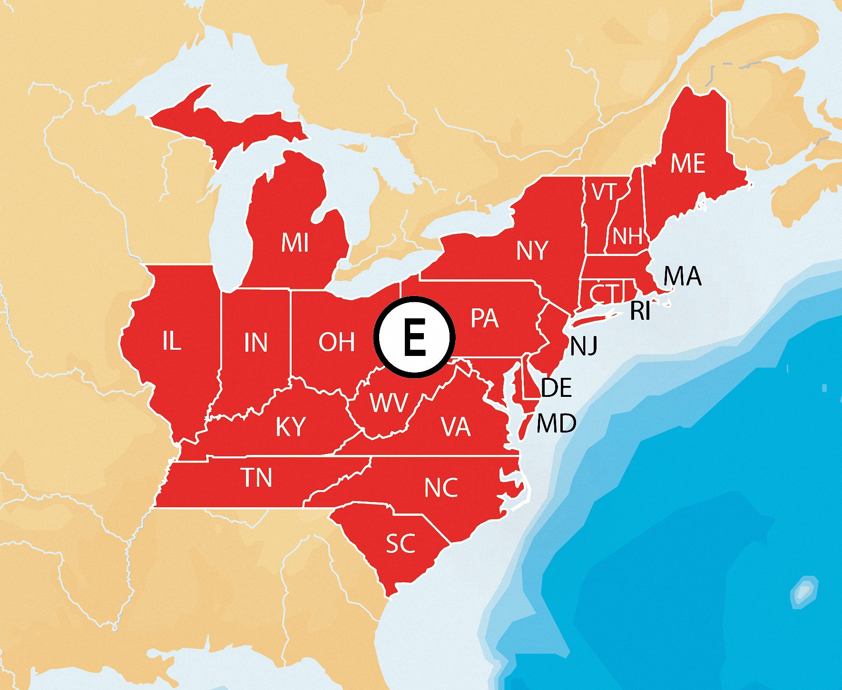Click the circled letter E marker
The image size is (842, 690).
(414, 337)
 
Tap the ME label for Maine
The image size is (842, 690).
(687, 164)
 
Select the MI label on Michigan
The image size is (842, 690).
(295, 243)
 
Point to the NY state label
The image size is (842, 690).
(532, 251)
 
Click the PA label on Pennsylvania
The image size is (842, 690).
(484, 318)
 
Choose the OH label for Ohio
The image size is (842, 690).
(337, 342)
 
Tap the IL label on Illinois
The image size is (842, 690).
(172, 341)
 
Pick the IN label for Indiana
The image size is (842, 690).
(255, 343)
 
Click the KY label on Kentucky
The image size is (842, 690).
(291, 426)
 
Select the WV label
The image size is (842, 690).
(389, 403)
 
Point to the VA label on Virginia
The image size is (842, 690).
(455, 427)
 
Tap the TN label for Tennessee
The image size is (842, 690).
(256, 478)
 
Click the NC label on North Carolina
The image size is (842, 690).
(441, 488)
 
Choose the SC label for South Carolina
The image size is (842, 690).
(401, 543)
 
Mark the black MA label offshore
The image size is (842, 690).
(682, 276)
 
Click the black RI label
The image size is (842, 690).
(640, 312)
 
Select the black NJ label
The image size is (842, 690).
(584, 346)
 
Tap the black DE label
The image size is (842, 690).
(556, 388)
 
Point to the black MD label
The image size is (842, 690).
(556, 423)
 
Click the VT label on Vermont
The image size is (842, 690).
(604, 193)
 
